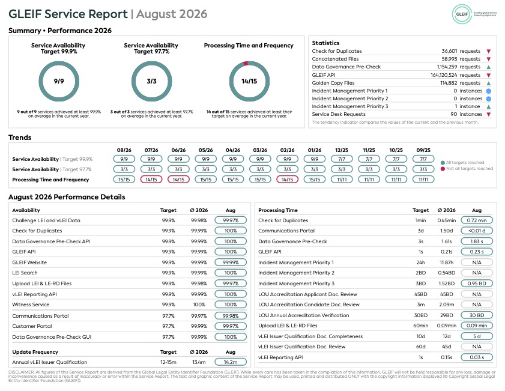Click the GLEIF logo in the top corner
[x=462, y=14]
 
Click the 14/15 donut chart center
[x=249, y=81]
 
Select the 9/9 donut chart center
[x=59, y=81]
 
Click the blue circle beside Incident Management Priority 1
[x=489, y=91]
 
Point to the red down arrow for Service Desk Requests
[x=489, y=114]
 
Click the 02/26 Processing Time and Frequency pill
[x=287, y=180]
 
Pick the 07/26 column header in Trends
[x=151, y=150]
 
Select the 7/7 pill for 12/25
[x=342, y=159]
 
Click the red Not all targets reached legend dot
[x=443, y=168]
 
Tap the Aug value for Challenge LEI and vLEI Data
[x=231, y=220]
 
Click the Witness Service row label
[x=31, y=305]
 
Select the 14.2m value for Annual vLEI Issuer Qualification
[x=231, y=362]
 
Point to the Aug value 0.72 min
[x=477, y=220]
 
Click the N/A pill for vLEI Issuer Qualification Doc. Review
[x=477, y=347]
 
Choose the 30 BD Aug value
[x=477, y=315]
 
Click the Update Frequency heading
[x=35, y=352]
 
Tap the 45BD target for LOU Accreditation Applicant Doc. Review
[x=420, y=294]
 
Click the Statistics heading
[x=325, y=43]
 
